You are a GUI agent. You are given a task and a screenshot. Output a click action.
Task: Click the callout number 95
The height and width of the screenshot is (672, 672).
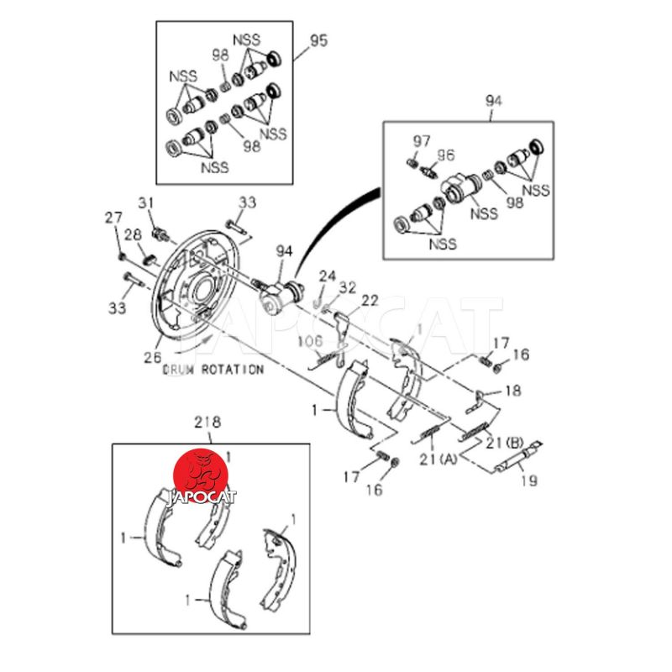coord(318,40)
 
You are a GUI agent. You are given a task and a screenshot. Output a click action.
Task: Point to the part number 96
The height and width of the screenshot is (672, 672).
coord(445,155)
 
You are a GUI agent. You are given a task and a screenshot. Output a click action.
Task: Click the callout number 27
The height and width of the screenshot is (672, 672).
coord(113,219)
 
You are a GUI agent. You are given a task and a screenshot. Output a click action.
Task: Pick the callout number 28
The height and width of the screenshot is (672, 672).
coord(134,234)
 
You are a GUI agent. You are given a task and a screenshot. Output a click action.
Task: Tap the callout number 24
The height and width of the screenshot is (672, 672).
coord(327,276)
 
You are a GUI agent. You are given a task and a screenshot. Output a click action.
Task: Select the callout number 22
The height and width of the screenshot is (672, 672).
coord(370,301)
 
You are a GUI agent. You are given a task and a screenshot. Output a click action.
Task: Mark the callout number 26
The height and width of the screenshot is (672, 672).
coord(151,356)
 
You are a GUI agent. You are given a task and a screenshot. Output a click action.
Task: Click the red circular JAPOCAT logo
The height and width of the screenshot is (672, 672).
coord(201,475)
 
